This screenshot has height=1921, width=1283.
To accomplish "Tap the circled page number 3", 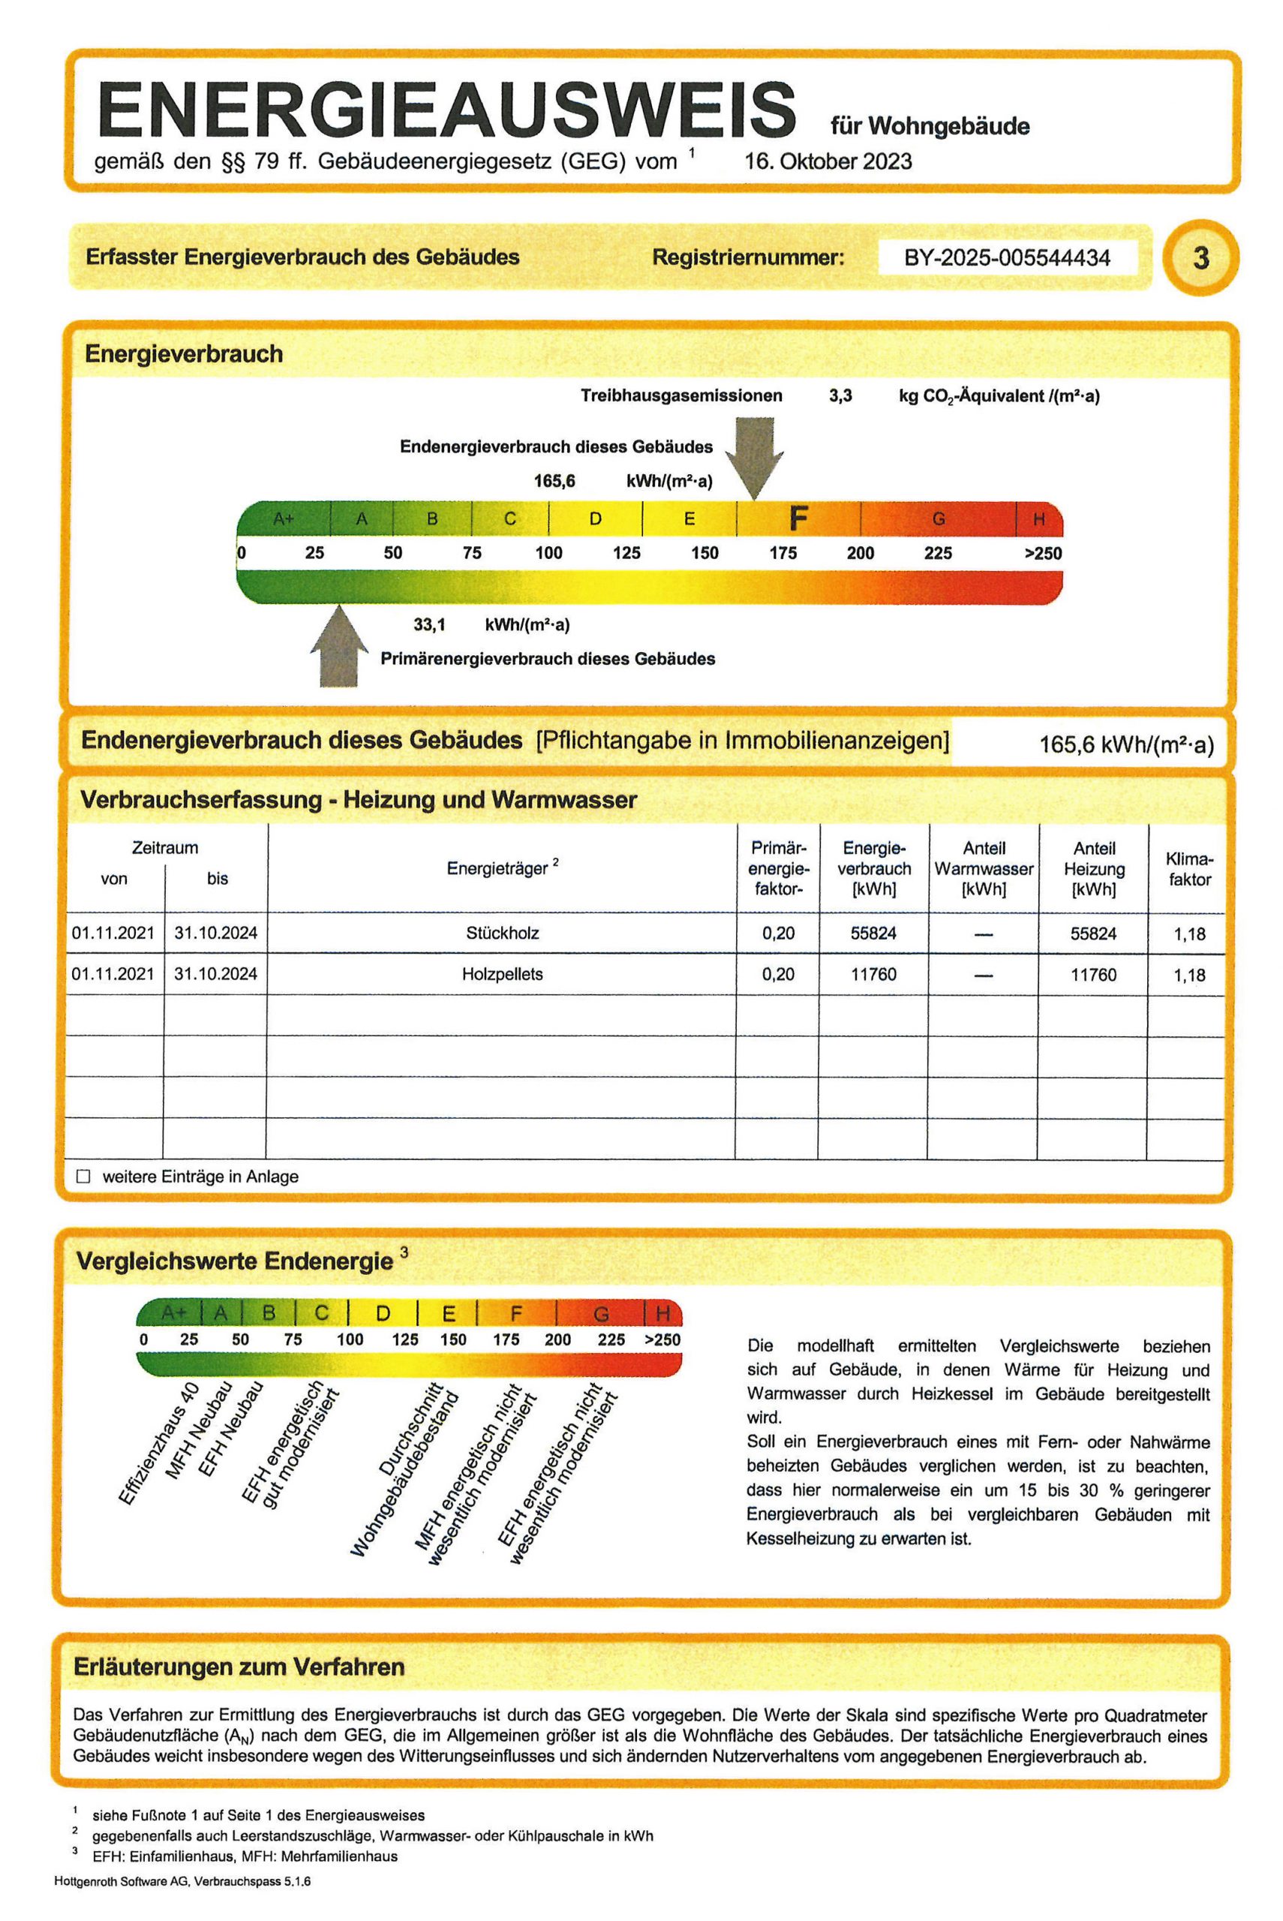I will point(1200,259).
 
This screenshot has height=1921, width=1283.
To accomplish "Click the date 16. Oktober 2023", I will point(828,161).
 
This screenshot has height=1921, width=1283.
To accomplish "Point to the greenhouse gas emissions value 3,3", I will point(840,396).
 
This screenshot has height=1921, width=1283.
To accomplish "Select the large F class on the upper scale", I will point(798,518).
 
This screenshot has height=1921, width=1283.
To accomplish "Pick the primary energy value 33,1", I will point(428,625).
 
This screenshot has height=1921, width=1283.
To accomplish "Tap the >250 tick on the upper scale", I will point(1042,553).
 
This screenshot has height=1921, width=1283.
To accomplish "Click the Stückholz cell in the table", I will point(503,933).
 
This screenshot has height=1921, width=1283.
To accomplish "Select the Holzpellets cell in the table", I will point(503,975).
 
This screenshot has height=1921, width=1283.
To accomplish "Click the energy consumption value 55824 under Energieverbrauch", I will point(873,933).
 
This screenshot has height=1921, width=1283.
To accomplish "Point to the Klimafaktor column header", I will point(1189,869).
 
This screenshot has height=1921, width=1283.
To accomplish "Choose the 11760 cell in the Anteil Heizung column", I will point(1093,975).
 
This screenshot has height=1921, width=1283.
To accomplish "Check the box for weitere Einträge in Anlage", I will point(83,1177).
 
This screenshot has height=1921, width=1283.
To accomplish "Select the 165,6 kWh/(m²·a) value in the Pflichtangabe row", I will point(1126,744).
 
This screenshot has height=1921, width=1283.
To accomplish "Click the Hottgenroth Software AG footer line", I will point(182,1881).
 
